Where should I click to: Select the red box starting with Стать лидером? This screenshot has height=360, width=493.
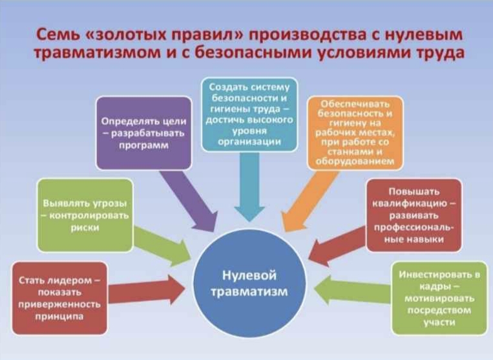click(59, 298)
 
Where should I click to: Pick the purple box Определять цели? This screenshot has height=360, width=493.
click(144, 132)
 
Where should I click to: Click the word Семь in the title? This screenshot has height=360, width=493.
click(56, 34)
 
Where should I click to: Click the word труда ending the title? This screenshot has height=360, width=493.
click(440, 54)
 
